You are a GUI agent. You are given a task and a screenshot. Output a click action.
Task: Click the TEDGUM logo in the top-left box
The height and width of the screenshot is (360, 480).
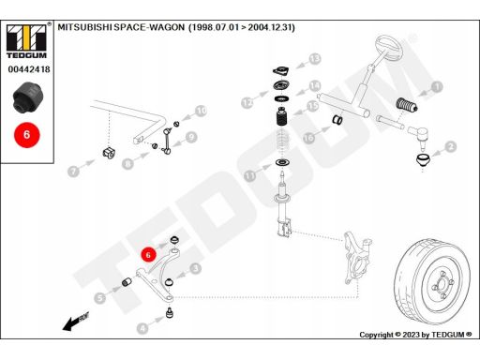point(26,41)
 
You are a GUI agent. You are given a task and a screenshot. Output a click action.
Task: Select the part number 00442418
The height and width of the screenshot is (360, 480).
point(29,69)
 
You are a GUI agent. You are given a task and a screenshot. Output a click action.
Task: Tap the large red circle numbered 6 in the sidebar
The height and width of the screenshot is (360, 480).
point(27,135)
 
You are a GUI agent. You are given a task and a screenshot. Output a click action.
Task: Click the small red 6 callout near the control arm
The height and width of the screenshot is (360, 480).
point(148,255)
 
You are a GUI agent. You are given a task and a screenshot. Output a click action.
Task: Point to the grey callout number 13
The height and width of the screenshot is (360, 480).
point(315,59)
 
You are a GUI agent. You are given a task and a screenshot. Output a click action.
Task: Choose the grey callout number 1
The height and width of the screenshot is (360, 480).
point(437,86)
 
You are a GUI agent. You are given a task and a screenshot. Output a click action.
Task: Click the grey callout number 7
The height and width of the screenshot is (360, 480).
point(73,171)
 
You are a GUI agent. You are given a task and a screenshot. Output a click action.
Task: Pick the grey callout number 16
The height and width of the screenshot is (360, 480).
point(308,138)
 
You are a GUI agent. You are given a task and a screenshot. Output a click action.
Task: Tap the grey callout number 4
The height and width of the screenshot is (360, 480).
point(142,328)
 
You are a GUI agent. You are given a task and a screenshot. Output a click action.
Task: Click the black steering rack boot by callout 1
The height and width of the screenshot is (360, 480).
point(407,105)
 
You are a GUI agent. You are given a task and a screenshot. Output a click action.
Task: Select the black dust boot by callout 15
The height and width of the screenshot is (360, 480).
point(282,116)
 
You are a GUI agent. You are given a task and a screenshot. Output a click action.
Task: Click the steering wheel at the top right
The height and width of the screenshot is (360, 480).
point(388,48)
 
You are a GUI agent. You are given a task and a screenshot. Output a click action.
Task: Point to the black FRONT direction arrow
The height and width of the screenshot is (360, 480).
point(76,322)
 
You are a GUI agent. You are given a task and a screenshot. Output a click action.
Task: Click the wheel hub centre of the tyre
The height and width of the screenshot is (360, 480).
point(442,285)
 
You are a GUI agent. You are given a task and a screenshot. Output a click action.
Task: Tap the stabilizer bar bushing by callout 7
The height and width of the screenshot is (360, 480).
point(109,152)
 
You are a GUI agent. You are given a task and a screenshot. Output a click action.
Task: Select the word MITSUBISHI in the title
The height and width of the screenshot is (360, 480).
point(85,27)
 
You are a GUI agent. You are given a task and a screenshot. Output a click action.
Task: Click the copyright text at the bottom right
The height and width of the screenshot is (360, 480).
point(415,335)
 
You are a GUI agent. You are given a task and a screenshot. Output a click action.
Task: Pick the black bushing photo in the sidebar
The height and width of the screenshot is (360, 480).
point(29,97)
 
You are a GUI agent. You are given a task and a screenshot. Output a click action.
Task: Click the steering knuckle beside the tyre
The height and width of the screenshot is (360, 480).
point(357,258)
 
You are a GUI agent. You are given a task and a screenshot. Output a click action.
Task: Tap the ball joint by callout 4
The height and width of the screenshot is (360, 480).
point(170,313)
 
